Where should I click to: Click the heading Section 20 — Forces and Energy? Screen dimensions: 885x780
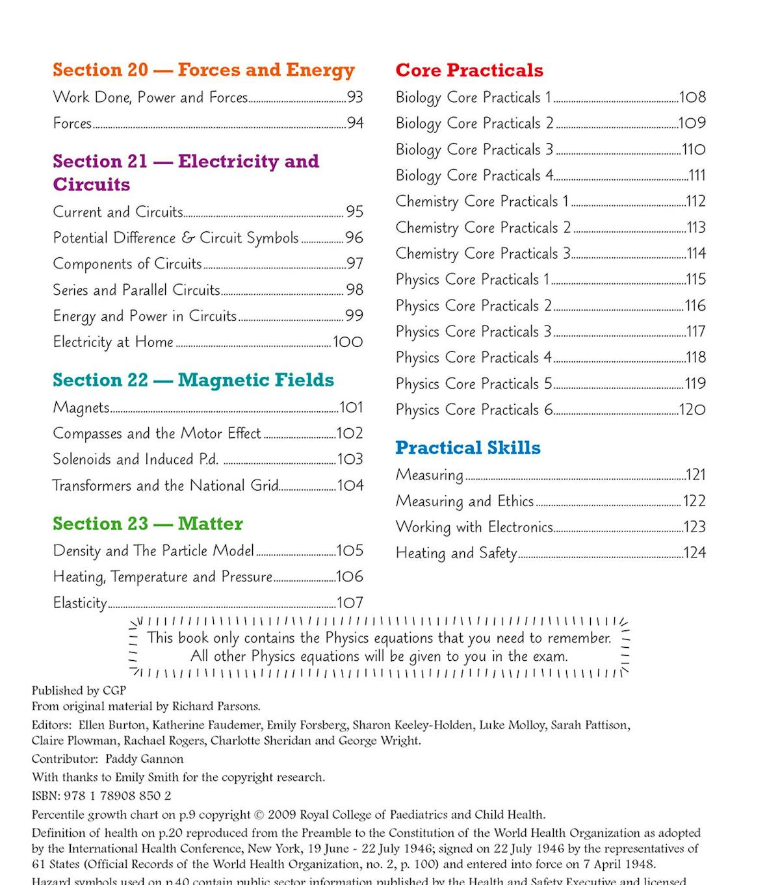tap(203, 70)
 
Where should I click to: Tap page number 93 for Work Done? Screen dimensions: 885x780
tap(355, 97)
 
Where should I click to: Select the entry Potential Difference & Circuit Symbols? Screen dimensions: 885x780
tap(175, 238)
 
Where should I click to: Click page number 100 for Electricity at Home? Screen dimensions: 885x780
tap(348, 342)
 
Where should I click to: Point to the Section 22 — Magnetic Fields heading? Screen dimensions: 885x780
tap(193, 380)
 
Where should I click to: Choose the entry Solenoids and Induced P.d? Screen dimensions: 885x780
tap(135, 459)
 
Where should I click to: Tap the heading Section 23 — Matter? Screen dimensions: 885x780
tap(148, 524)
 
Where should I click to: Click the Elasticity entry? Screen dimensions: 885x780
tap(80, 603)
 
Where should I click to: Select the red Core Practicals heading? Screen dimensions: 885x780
tap(469, 70)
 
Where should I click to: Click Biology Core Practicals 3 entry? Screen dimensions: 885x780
tap(474, 149)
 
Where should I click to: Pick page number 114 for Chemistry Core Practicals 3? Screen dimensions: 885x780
tap(696, 253)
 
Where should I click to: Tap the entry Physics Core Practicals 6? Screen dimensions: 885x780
tap(474, 410)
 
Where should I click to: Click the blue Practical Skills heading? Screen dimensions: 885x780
tap(468, 448)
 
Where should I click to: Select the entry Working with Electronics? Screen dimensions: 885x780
tap(474, 527)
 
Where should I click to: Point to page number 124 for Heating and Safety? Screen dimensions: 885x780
tap(695, 553)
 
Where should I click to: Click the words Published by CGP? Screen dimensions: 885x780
tap(79, 690)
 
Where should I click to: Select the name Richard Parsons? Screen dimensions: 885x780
tap(222, 706)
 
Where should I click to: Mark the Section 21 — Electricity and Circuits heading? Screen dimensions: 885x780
tap(186, 173)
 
